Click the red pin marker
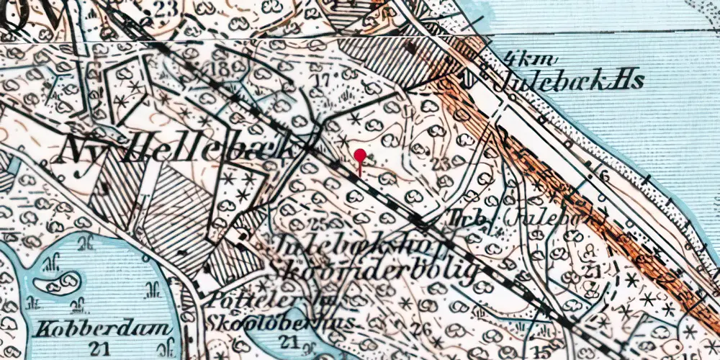tap(360, 156)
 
